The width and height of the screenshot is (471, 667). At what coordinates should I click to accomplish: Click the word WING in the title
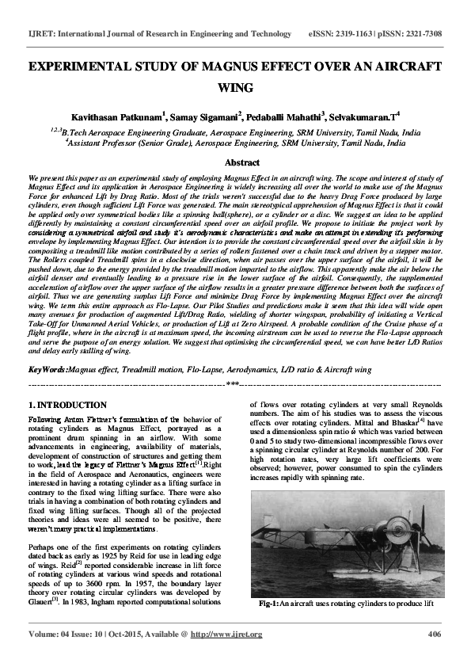pos(235,87)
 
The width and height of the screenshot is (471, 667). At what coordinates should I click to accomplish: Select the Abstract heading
pos(235,162)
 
